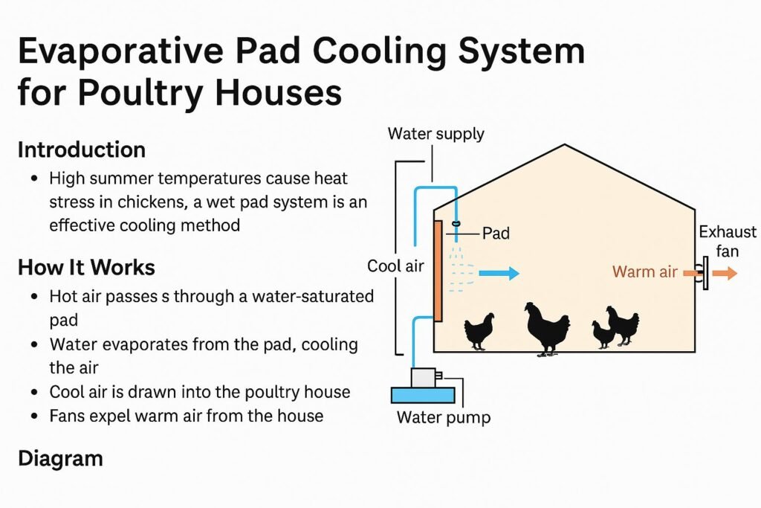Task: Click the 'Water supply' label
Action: (435, 134)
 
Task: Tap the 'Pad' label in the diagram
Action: (496, 233)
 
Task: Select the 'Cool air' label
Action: (395, 266)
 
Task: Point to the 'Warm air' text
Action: (644, 271)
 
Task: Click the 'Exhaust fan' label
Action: (728, 242)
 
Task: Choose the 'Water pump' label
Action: (443, 417)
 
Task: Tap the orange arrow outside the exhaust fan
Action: (725, 273)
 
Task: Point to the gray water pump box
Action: (424, 378)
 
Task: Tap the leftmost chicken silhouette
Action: (479, 330)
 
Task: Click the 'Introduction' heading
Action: (81, 149)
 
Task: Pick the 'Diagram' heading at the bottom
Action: (59, 458)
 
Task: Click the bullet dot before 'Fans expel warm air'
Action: (35, 415)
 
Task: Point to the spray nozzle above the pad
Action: (457, 224)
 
